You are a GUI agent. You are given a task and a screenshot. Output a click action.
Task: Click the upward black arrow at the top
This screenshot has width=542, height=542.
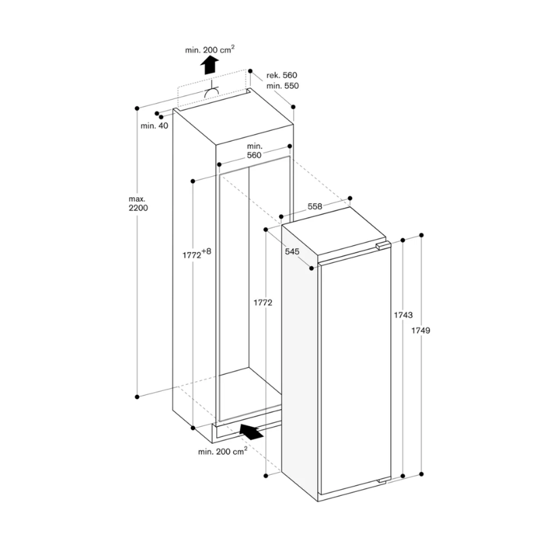click(211, 66)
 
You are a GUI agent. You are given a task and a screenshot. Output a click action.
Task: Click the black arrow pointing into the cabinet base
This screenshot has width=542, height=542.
click(250, 430)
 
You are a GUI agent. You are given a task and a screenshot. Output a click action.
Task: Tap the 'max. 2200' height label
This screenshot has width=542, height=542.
click(138, 203)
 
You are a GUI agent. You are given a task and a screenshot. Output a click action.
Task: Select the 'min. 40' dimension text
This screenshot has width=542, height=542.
click(154, 126)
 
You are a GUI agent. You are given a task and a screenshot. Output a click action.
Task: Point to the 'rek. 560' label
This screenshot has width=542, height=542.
click(281, 75)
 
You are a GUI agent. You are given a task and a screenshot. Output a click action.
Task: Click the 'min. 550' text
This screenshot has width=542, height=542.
click(281, 86)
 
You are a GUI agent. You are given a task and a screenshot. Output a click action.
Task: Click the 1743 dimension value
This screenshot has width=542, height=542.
click(404, 315)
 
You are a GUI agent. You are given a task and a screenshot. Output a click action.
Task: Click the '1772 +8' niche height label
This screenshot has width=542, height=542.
click(197, 255)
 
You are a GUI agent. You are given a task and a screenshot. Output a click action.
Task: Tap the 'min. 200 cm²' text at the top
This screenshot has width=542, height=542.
click(210, 49)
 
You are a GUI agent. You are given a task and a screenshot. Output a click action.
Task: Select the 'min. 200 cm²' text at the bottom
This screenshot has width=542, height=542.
click(222, 451)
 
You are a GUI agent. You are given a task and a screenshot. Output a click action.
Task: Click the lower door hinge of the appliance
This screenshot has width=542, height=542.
click(383, 480)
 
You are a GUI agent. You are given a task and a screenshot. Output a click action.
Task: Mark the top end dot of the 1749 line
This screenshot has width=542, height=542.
click(421, 235)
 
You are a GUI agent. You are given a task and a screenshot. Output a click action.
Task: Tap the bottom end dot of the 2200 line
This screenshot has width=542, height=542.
click(138, 396)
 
